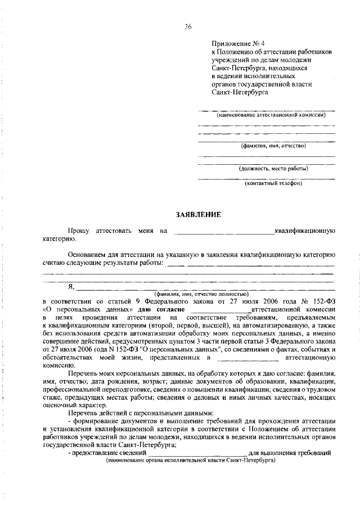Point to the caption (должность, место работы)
click(273, 168)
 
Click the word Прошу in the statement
click(80, 231)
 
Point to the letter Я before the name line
click(70, 287)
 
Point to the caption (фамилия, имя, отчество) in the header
click(273, 146)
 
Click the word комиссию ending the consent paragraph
click(58, 364)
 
